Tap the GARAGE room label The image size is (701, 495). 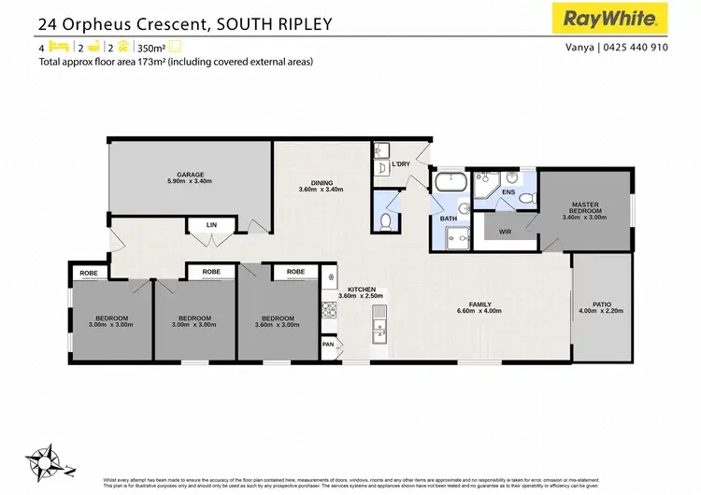click(191, 175)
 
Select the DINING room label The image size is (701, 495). click(322, 183)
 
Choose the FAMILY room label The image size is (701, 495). click(479, 304)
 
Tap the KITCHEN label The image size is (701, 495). click(361, 290)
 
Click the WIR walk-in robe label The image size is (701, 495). click(505, 231)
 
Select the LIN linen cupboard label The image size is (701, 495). click(211, 225)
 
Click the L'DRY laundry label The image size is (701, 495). click(401, 164)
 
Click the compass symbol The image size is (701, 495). click(46, 459)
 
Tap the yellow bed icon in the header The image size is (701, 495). click(58, 46)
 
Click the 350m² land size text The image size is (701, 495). click(150, 47)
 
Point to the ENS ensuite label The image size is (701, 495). click(508, 192)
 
